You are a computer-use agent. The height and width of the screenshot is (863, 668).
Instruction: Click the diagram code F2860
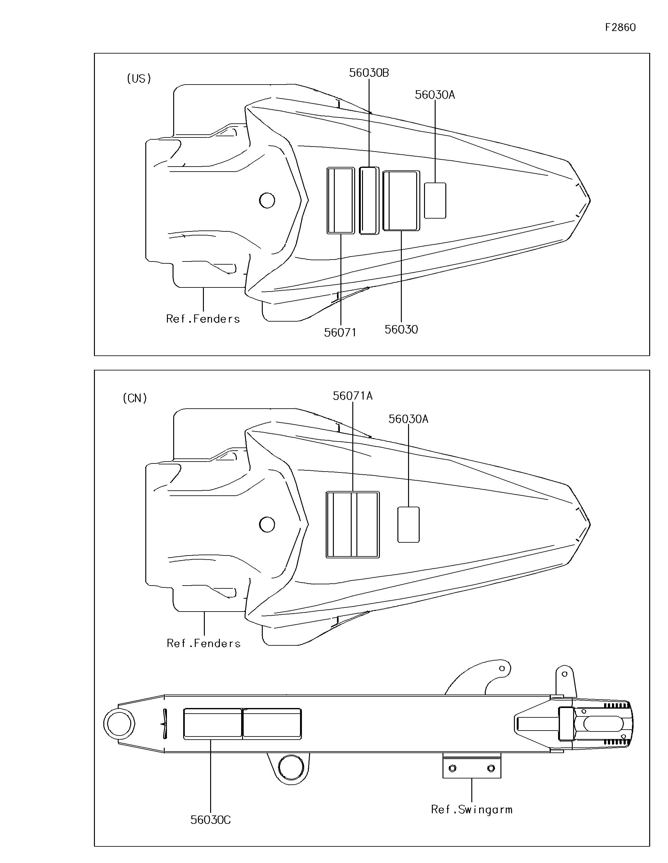click(620, 27)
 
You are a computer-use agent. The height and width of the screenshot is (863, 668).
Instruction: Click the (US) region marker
click(139, 79)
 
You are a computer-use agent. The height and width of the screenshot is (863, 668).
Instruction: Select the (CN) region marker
click(135, 398)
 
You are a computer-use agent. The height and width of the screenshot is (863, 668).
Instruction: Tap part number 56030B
click(369, 73)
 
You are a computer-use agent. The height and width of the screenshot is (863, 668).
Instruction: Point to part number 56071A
click(353, 396)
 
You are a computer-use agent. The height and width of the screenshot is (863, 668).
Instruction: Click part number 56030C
click(211, 820)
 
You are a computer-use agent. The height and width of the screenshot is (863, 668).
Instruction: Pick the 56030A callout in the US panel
click(435, 95)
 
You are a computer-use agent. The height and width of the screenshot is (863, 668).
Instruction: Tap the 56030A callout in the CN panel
click(408, 419)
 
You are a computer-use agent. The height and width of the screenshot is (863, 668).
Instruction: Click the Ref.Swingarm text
click(472, 810)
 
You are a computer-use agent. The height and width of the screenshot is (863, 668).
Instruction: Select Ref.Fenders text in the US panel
click(203, 319)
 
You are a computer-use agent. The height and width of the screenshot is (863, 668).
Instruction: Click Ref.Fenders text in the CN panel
click(204, 643)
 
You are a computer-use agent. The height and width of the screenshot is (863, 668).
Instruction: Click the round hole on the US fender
click(267, 200)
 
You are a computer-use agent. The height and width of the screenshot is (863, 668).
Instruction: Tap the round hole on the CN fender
click(267, 525)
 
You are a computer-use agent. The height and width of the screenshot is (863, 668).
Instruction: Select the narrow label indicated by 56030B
click(369, 201)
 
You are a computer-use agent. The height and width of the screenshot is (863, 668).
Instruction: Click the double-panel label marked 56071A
click(353, 525)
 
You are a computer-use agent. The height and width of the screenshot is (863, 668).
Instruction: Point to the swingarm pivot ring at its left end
click(119, 724)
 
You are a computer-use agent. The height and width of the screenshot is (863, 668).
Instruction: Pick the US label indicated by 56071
click(341, 201)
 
